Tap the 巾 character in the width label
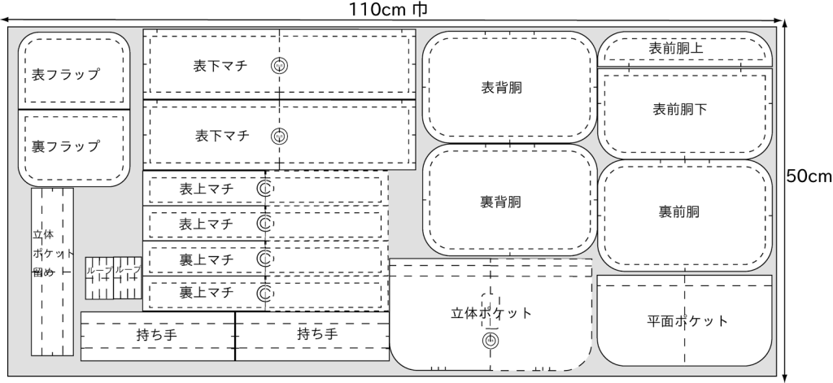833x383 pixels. [x=420, y=9]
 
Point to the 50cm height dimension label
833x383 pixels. [x=809, y=176]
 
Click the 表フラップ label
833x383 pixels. [x=65, y=74]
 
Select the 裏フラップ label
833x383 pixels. [x=65, y=146]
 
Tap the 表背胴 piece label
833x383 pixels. [x=501, y=88]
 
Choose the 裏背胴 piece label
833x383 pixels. [x=500, y=202]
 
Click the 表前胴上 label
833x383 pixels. [x=676, y=48]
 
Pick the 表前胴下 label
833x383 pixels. [x=680, y=110]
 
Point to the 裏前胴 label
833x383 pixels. [x=679, y=212]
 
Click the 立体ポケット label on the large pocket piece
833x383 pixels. [x=491, y=313]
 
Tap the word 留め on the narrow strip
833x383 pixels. [x=43, y=272]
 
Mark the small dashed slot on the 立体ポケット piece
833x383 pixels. [x=491, y=307]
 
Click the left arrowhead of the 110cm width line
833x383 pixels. [x=4, y=20]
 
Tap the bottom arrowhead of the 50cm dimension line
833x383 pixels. [x=786, y=378]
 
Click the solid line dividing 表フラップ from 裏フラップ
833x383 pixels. [x=74, y=110]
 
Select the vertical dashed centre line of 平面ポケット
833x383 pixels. [x=684, y=320]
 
